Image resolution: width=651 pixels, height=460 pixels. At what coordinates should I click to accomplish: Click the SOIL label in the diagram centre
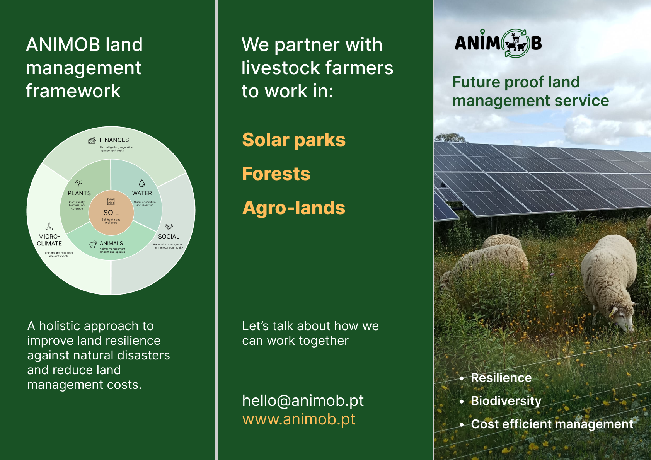111,213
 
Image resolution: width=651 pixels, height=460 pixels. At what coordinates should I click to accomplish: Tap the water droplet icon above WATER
142,183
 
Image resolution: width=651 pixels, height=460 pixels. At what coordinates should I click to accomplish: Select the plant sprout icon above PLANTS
78,183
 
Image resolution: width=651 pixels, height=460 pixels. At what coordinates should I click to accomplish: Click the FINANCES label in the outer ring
114,140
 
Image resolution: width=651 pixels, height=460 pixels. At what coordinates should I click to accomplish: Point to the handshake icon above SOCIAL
169,227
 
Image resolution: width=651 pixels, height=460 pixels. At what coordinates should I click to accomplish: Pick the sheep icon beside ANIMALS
93,244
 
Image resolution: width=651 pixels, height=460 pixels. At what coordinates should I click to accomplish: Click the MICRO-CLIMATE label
49,240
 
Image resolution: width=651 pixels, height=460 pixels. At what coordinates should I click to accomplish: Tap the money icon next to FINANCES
92,141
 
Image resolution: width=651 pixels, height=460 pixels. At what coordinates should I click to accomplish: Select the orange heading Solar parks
294,140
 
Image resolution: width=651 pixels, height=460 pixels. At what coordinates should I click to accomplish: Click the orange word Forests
276,174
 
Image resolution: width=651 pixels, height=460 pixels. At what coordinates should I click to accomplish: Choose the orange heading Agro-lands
294,208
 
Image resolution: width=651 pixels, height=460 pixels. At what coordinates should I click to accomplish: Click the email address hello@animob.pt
303,401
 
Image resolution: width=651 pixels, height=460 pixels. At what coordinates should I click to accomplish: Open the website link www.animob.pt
299,419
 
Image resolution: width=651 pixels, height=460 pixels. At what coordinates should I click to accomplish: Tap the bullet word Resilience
501,378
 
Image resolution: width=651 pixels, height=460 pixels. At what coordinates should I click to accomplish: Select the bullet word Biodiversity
506,401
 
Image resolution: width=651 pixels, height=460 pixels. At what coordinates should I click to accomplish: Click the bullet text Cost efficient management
552,424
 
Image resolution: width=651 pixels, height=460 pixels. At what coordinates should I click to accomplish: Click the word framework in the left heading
73,91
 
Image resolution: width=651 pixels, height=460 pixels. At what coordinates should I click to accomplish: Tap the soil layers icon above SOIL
111,201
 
